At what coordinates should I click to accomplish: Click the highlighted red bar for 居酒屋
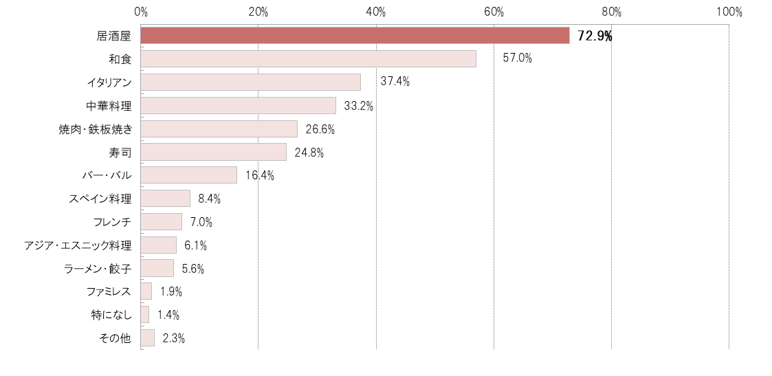[x=355, y=36]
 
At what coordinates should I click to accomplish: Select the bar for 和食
[x=308, y=59]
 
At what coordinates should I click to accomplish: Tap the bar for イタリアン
[x=250, y=82]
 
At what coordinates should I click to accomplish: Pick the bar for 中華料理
[x=238, y=106]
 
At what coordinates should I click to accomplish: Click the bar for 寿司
[x=213, y=152]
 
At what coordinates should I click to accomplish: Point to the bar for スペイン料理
[x=165, y=199]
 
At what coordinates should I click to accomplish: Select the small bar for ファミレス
[x=146, y=291]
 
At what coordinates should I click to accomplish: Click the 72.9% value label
[x=595, y=36]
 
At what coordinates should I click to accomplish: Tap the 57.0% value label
[x=517, y=58]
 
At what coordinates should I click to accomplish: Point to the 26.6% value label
[x=320, y=129]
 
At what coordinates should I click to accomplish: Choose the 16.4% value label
[x=259, y=175]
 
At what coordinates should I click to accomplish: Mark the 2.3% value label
[x=173, y=338]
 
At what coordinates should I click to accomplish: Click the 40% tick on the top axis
[x=376, y=12]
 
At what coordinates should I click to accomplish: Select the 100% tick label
[x=729, y=12]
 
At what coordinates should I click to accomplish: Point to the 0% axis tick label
[x=141, y=12]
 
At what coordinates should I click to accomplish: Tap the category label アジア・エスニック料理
[x=77, y=245]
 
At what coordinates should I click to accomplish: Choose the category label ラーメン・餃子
[x=96, y=269]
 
